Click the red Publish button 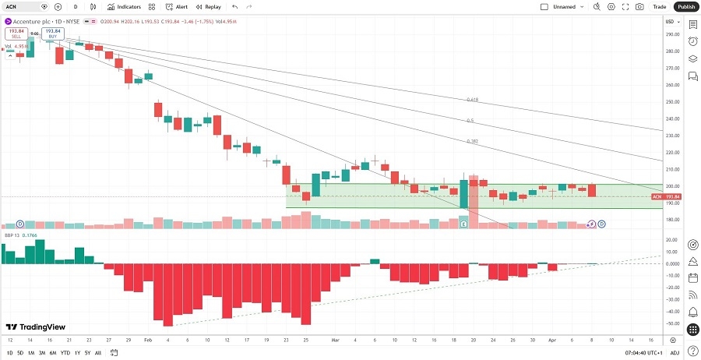coord(686,6)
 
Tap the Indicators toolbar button coord(124,6)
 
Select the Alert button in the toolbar coord(176,6)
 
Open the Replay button coord(208,6)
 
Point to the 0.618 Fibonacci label coord(472,100)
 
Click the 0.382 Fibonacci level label coord(472,141)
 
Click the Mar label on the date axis coord(336,341)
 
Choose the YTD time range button coord(65,353)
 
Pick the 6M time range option coord(53,353)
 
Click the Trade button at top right coord(660,6)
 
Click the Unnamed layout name coord(565,6)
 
